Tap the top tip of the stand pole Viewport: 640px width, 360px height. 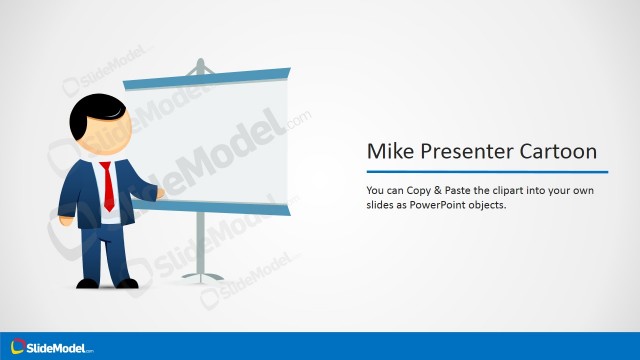pos(200,62)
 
